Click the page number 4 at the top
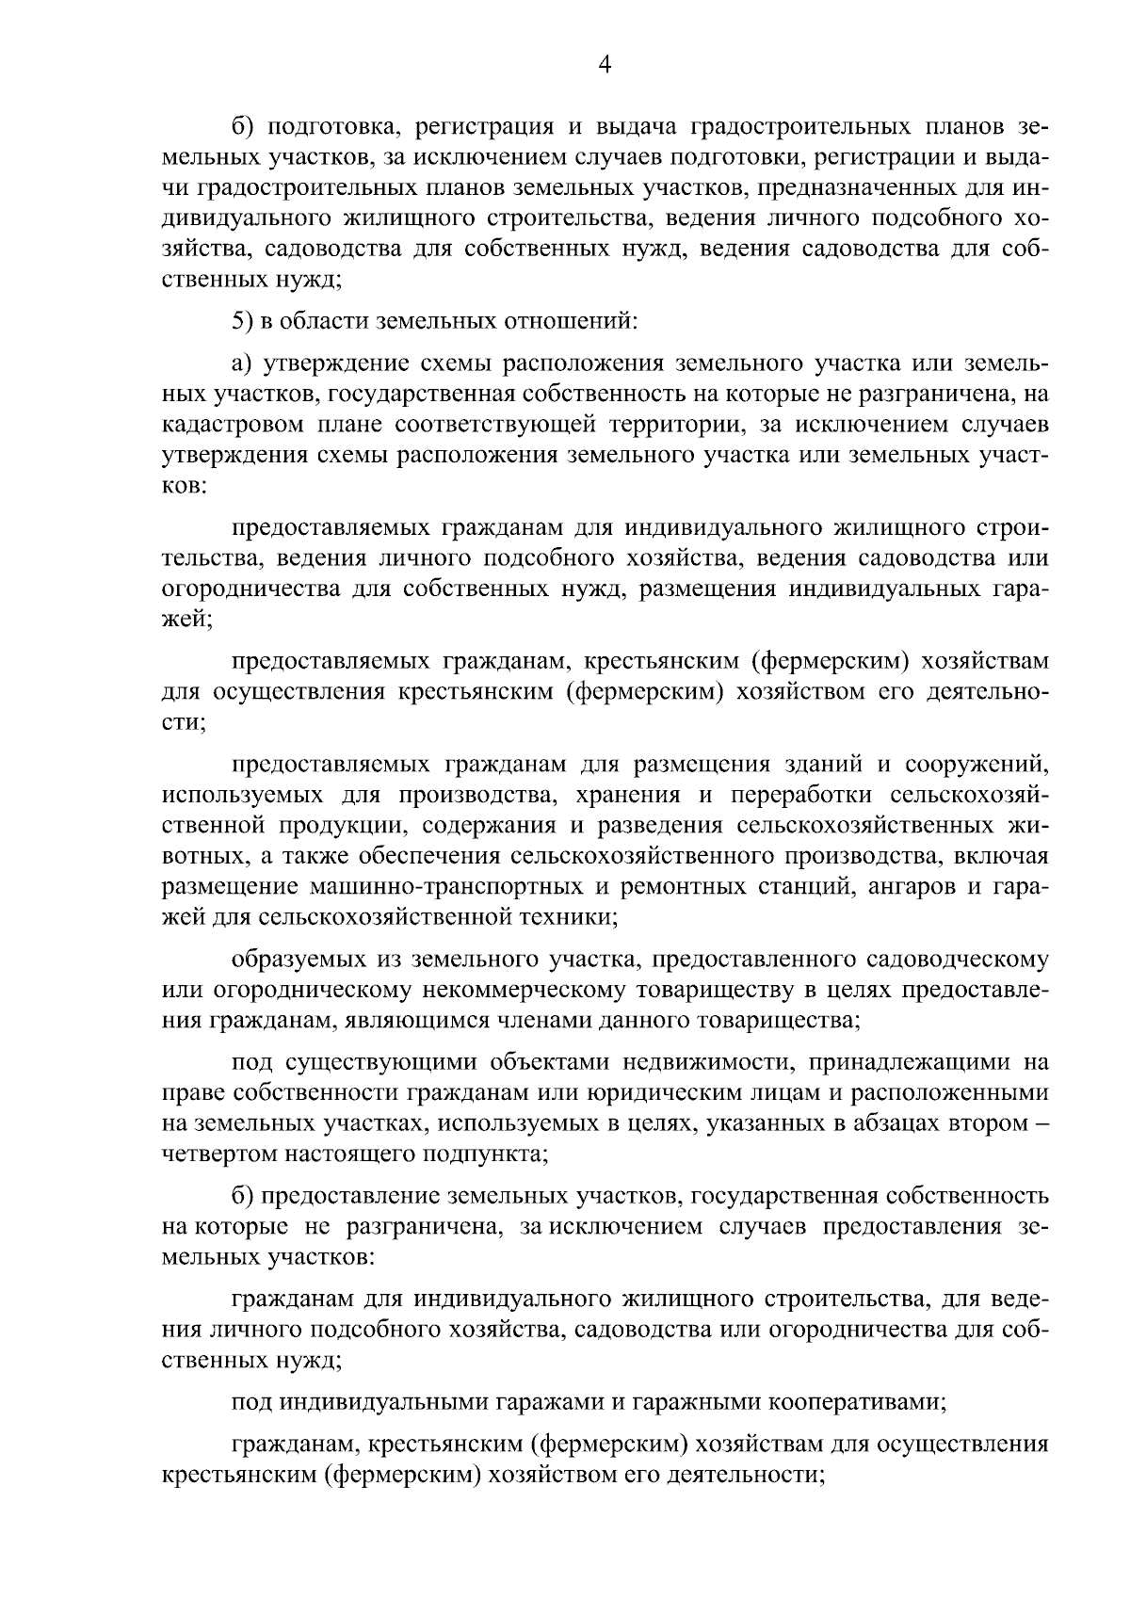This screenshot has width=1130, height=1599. pos(605,64)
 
